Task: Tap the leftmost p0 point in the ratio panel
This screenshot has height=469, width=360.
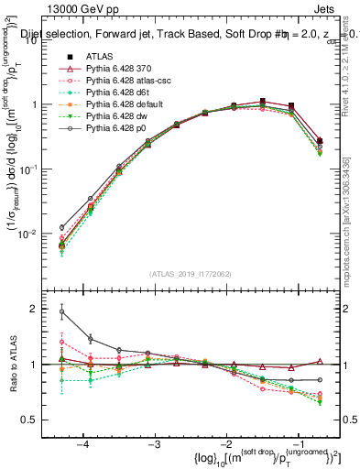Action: pyautogui.click(x=61, y=311)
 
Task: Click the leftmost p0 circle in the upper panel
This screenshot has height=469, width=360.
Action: pyautogui.click(x=61, y=227)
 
